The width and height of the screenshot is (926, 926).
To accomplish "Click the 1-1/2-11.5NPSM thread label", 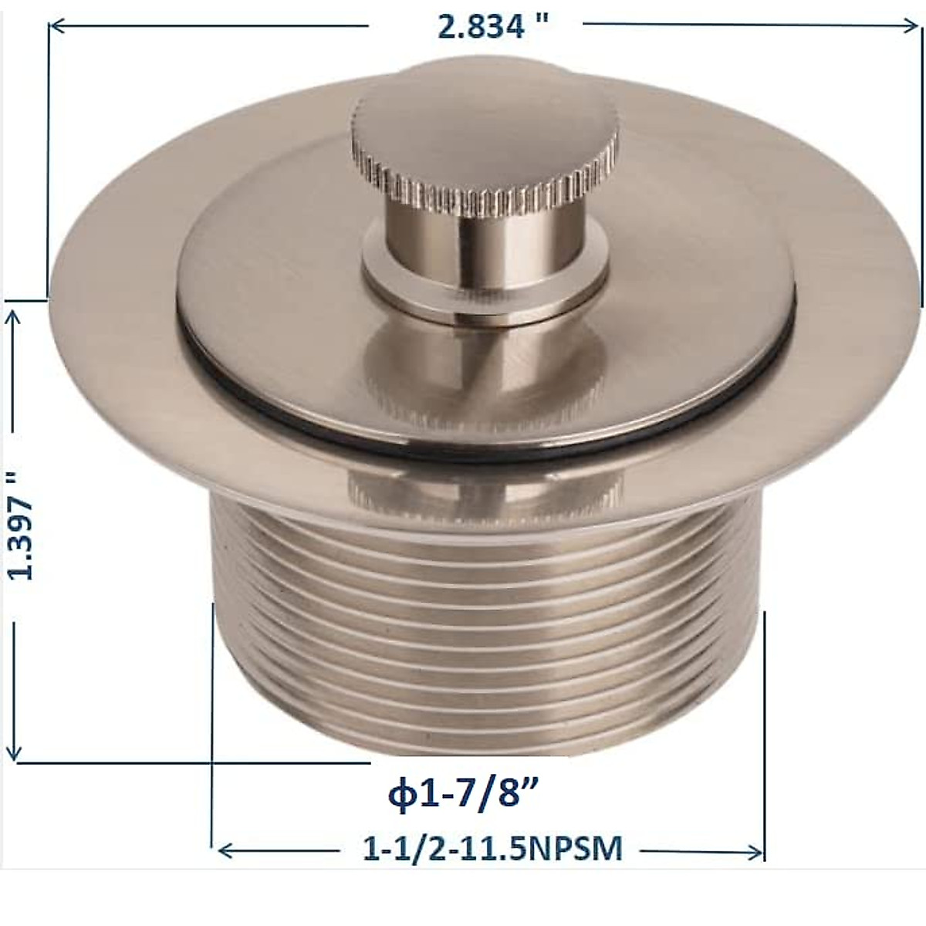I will pos(492,849).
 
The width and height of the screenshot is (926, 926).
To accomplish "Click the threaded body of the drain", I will pos(486,617).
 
